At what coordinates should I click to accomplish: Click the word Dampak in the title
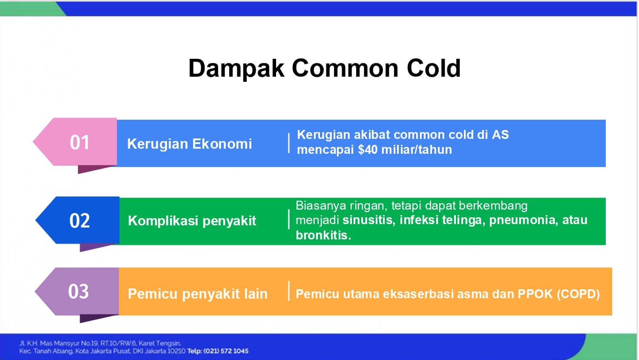coord(236,69)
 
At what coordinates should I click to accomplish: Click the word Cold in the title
coord(434,69)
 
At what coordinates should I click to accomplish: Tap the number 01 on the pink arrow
coord(80,142)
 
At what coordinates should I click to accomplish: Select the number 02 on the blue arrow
coord(80,221)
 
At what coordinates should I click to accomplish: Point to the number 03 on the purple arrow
coord(78,291)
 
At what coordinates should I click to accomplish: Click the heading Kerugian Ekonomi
coord(190,144)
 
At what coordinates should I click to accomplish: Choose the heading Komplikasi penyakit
coord(192,221)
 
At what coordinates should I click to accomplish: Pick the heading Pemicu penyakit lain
coord(198,294)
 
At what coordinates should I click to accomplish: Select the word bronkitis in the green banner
coord(323,235)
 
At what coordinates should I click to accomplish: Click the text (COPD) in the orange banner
coord(578,294)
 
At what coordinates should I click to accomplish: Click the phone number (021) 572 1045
coord(226,351)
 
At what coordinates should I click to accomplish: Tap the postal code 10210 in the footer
coord(176,351)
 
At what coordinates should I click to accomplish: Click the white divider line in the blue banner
coord(289,143)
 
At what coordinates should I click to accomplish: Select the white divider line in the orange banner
coord(289,291)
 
